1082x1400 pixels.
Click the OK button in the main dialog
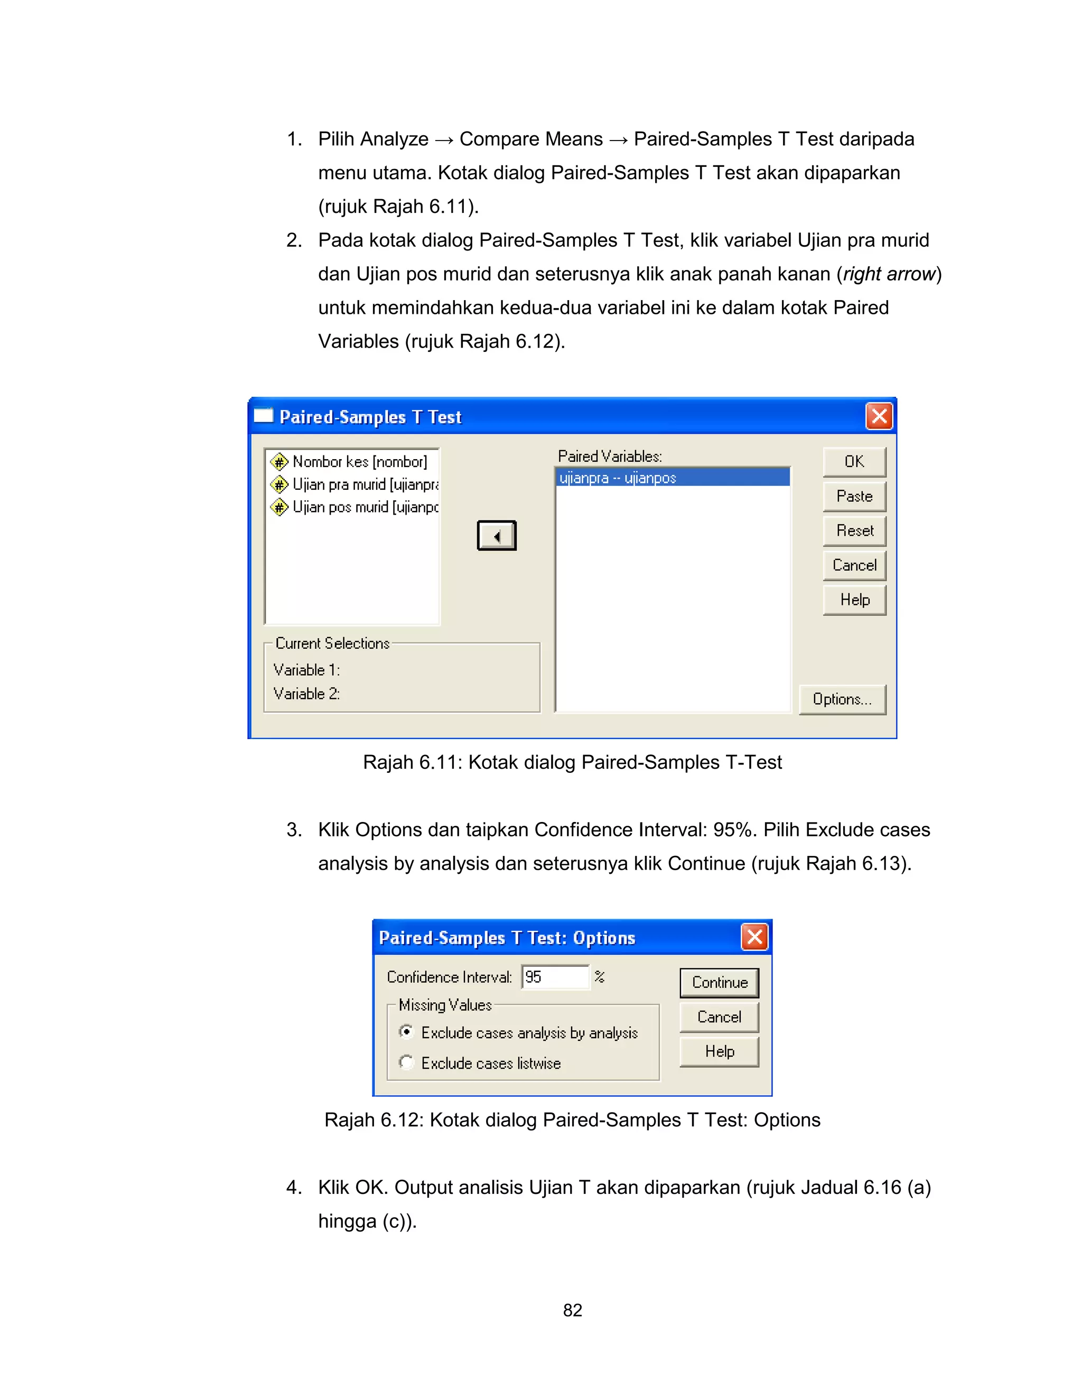[854, 462]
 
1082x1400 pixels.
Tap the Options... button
[842, 699]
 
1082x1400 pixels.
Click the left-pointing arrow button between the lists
[496, 536]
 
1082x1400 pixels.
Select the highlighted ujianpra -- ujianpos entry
[672, 478]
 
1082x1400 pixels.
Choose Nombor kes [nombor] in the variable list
[359, 462]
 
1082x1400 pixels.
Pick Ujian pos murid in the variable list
[364, 507]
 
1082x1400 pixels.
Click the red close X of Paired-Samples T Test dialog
[879, 416]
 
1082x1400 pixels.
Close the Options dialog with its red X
[754, 937]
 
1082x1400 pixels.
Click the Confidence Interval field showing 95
[554, 977]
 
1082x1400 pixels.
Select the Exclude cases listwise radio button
[406, 1062]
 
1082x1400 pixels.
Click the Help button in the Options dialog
[719, 1051]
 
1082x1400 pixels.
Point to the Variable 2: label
[306, 694]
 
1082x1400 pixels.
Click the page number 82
[572, 1310]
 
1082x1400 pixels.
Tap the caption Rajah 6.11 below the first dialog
[572, 762]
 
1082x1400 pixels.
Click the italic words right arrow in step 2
[889, 274]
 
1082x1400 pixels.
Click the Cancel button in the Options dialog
[719, 1016]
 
